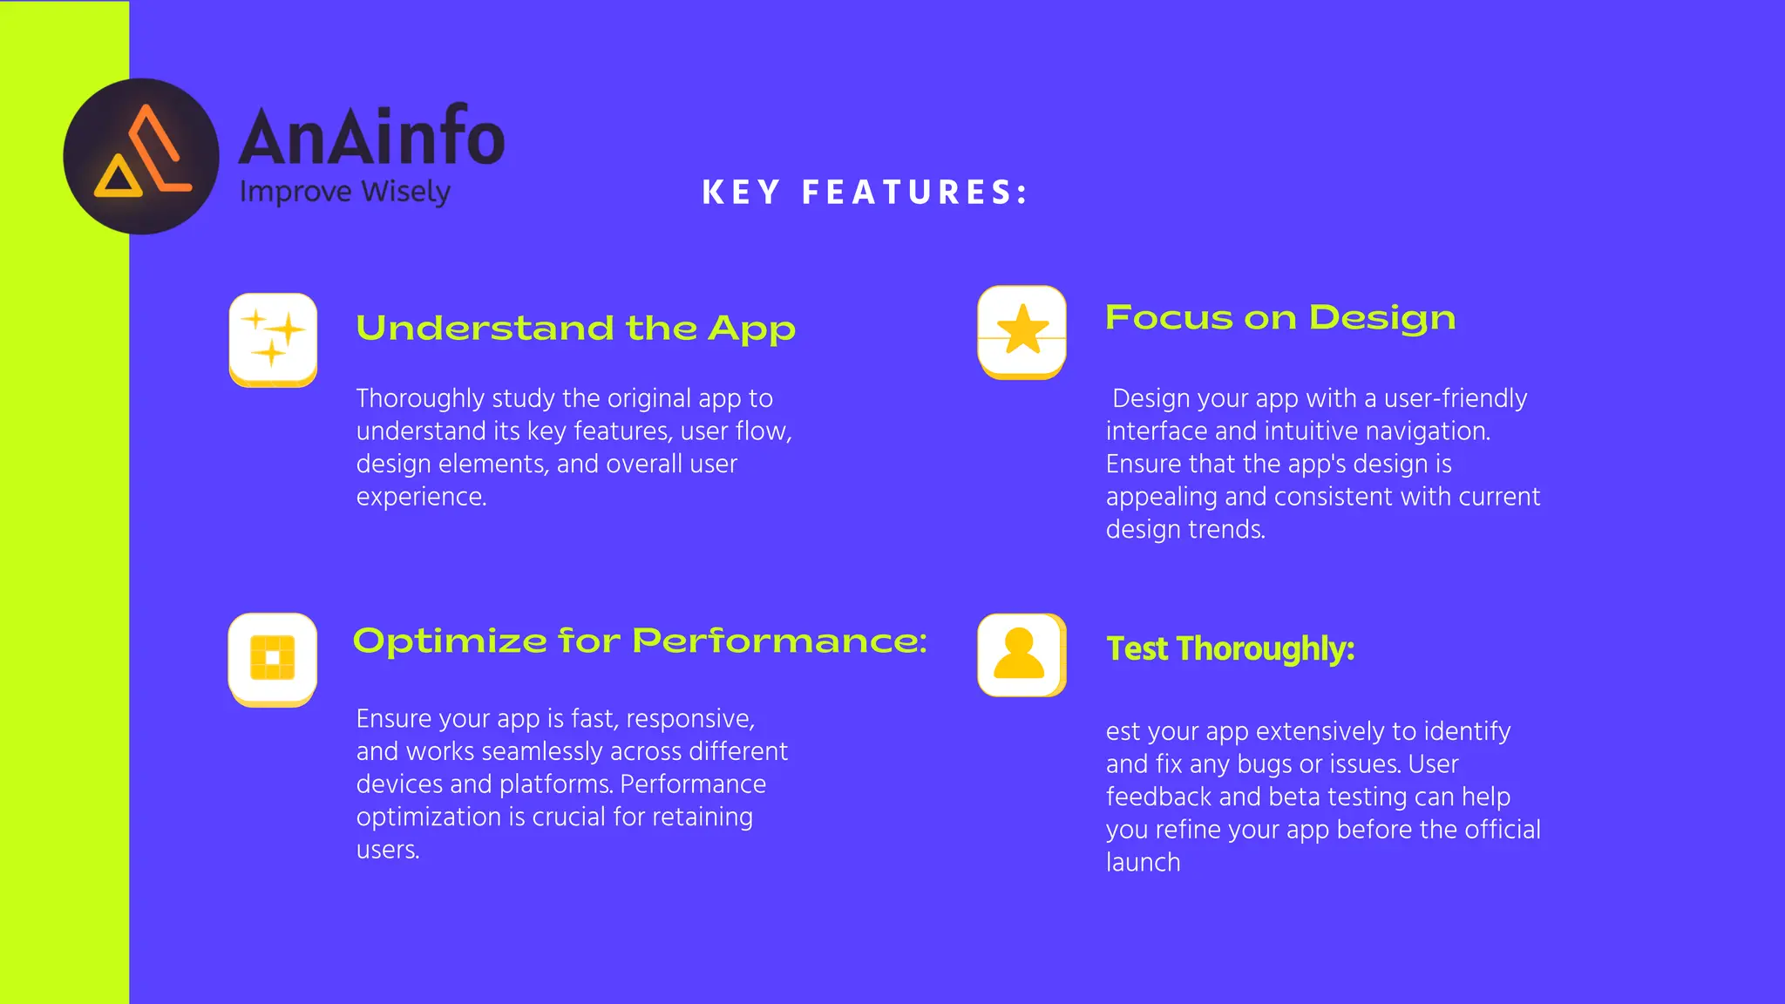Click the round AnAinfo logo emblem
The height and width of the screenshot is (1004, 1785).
141,157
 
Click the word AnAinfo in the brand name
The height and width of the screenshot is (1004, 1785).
372,136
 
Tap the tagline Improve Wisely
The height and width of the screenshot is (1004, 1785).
345,192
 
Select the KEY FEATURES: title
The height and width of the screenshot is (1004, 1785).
865,193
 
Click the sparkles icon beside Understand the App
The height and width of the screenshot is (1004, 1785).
273,339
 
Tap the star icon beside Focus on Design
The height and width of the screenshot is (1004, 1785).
1022,332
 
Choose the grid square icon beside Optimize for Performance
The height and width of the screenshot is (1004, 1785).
273,659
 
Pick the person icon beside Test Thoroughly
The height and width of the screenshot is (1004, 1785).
1021,655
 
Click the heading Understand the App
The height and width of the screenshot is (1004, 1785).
575,329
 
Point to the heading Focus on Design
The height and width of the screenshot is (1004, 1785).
1280,318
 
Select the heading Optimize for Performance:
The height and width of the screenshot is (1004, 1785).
640,641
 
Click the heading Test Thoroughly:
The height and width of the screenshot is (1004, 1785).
1230,649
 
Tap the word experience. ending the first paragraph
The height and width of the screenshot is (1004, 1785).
421,497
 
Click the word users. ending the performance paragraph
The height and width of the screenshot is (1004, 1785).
388,850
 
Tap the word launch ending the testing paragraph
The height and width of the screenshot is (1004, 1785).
1143,863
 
